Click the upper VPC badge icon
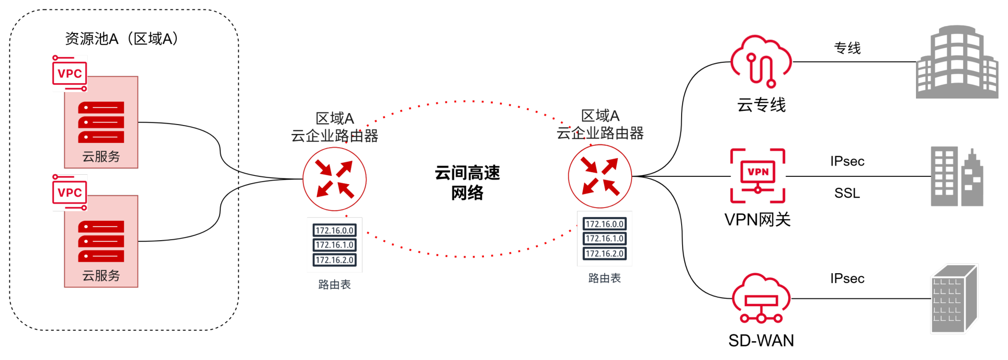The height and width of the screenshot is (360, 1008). (x=70, y=73)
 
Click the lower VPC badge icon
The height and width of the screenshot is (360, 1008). (x=70, y=193)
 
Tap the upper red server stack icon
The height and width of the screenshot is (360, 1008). (x=101, y=122)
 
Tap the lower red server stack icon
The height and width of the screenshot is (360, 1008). (x=101, y=241)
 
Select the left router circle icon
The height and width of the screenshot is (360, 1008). (x=335, y=178)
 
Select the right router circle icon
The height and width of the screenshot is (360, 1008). (x=600, y=176)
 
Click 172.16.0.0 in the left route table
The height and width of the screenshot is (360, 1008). (x=335, y=230)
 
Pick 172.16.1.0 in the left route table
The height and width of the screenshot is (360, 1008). (x=335, y=245)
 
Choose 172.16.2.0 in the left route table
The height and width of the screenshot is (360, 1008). (x=335, y=260)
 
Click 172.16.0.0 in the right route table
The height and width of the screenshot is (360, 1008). (x=605, y=224)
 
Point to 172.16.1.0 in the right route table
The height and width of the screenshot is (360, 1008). (x=605, y=239)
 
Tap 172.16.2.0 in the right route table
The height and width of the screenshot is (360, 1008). (x=605, y=254)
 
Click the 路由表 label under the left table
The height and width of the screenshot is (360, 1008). (x=335, y=285)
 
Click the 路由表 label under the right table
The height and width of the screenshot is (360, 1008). (x=605, y=278)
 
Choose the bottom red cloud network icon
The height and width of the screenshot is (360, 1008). (x=761, y=298)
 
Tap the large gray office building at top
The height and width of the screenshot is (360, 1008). (x=957, y=62)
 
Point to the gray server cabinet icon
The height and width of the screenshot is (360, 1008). (x=954, y=299)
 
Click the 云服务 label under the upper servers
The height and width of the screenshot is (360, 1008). (x=101, y=156)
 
